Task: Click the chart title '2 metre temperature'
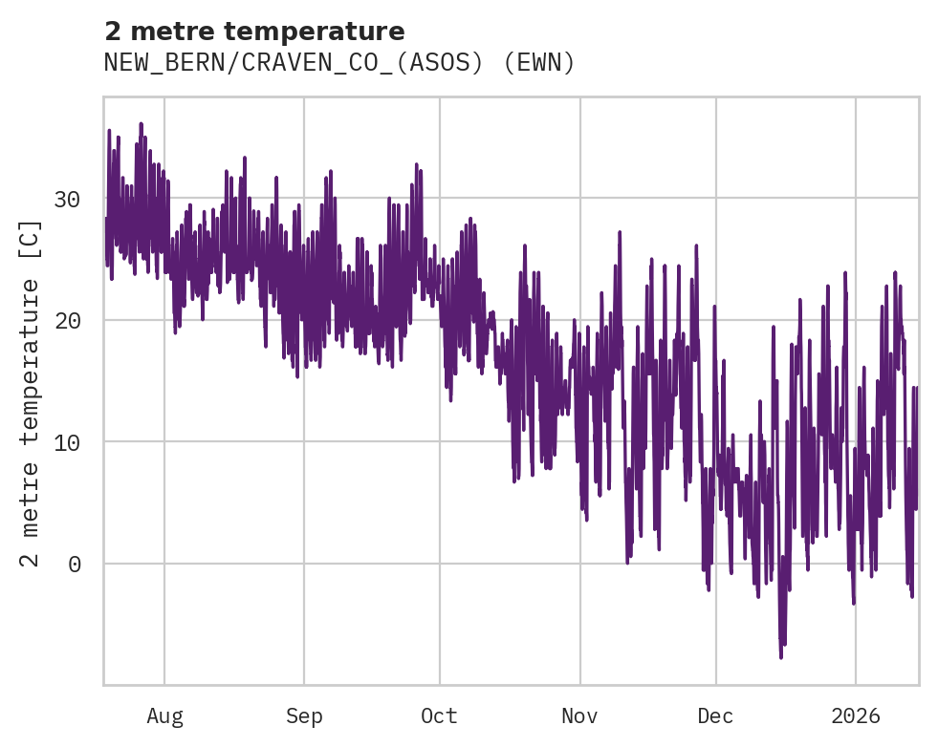[x=254, y=32]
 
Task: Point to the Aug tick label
[x=164, y=715]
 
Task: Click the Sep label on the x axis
[x=304, y=715]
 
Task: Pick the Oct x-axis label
[x=440, y=715]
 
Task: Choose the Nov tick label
[x=579, y=715]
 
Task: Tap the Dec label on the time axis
[x=715, y=715]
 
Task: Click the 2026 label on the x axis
[x=856, y=715]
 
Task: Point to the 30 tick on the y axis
[x=67, y=199]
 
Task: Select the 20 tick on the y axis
[x=67, y=320]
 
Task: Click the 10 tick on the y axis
[x=67, y=441]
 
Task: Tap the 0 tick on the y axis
[x=75, y=564]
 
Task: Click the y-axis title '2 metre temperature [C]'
[x=32, y=394]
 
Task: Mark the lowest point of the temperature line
[x=781, y=657]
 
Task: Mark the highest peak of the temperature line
[x=141, y=123]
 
